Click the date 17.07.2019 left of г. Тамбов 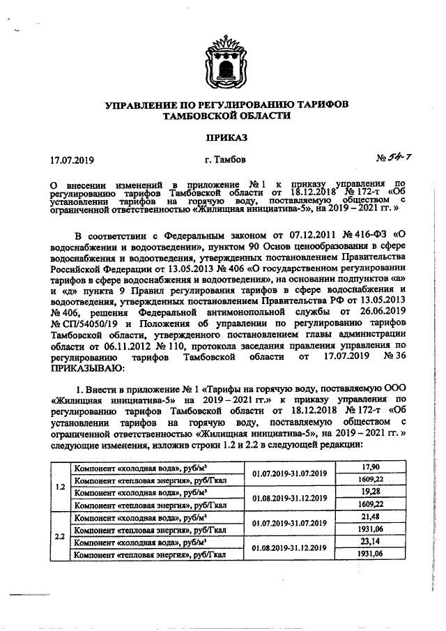point(72,160)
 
